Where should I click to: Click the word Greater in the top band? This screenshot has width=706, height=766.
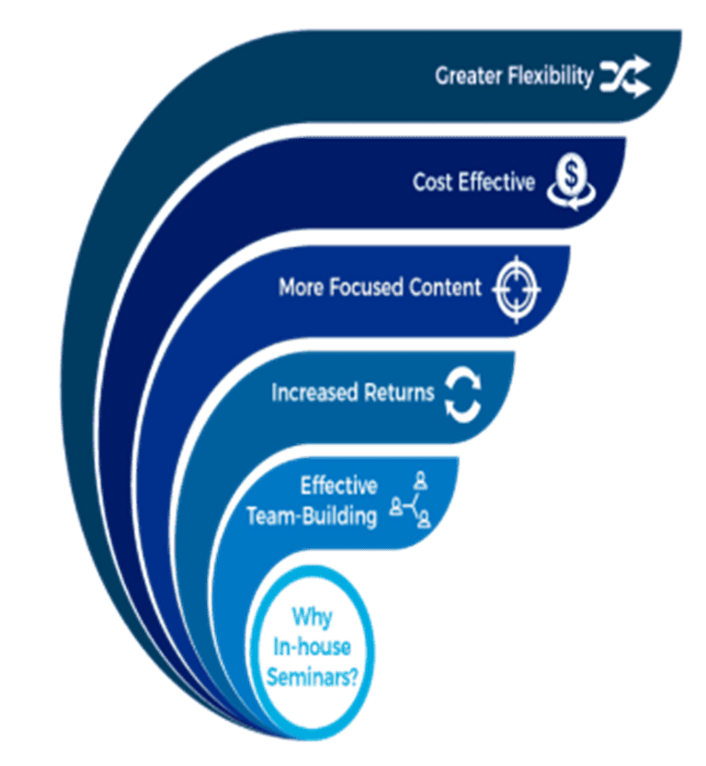[x=469, y=76]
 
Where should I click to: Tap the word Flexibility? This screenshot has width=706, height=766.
[x=551, y=76]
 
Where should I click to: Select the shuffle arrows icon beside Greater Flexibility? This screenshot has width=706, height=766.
[x=625, y=77]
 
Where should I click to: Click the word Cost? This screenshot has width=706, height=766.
[x=433, y=182]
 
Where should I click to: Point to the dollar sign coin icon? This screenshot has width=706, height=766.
[x=571, y=181]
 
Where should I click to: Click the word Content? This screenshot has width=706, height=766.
[x=446, y=287]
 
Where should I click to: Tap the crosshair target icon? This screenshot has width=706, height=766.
[x=517, y=289]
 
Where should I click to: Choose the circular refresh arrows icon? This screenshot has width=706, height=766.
[x=463, y=394]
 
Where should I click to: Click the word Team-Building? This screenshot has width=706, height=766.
[x=312, y=517]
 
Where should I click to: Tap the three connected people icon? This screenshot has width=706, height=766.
[x=411, y=499]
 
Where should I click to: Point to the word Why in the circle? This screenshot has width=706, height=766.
[x=312, y=617]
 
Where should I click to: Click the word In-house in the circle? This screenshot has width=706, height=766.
[x=312, y=646]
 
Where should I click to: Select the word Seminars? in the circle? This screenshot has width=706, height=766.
[x=312, y=677]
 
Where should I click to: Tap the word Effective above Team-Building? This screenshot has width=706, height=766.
[x=339, y=486]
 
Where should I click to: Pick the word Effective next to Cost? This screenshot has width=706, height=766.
[x=497, y=182]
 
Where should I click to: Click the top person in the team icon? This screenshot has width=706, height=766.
[x=420, y=481]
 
